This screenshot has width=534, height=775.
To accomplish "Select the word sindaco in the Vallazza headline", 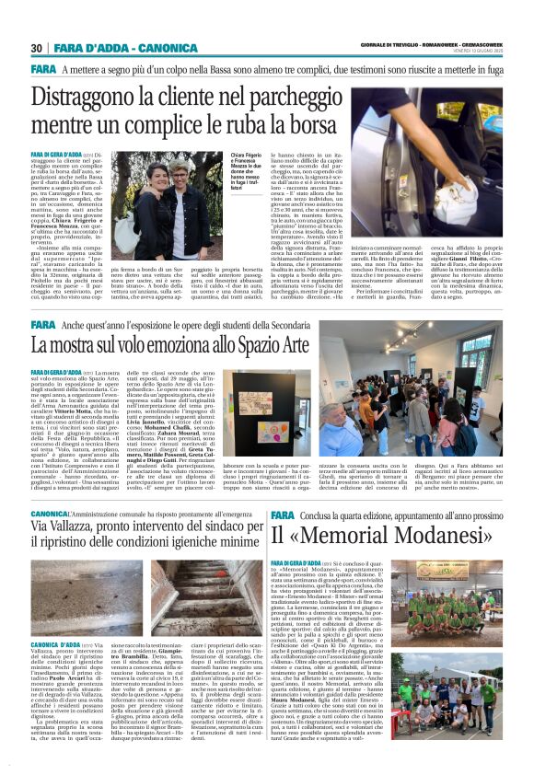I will point(225,524).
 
